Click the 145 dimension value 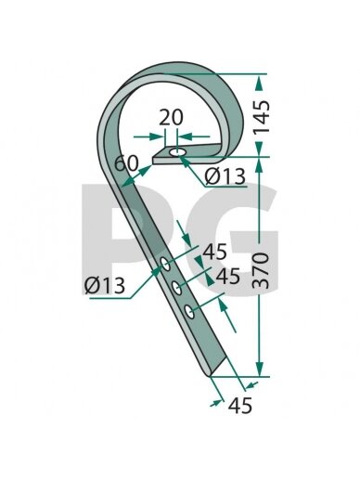[262, 117]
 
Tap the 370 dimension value [262, 270]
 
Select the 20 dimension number [171, 118]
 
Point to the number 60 [126, 163]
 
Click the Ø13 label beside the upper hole [225, 176]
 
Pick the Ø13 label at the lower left [105, 285]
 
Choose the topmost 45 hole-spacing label [214, 252]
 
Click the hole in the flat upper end [178, 152]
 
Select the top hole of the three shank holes [165, 264]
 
